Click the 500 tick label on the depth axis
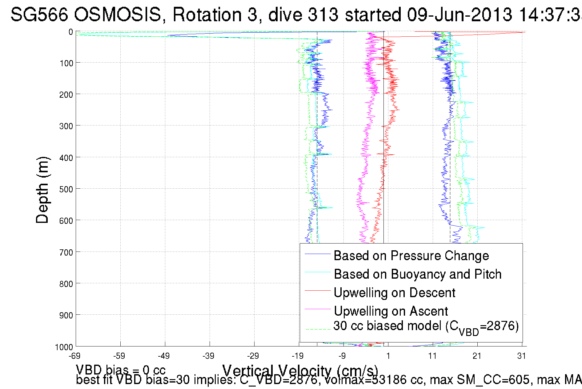(66, 189)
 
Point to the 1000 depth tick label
(64, 347)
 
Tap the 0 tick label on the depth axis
(71, 32)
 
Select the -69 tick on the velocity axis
(75, 356)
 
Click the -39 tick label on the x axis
(208, 356)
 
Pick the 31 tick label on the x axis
(521, 356)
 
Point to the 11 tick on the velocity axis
(432, 356)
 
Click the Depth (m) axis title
(42, 190)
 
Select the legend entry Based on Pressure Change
(411, 256)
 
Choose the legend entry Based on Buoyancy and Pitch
(418, 274)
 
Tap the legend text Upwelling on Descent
(394, 293)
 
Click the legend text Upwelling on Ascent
(391, 311)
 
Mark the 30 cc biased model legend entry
(426, 326)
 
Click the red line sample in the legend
(317, 291)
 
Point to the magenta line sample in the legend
(317, 309)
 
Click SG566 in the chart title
(39, 14)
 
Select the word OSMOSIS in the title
(118, 14)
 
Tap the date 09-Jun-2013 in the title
(460, 14)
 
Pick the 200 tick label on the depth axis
(66, 95)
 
